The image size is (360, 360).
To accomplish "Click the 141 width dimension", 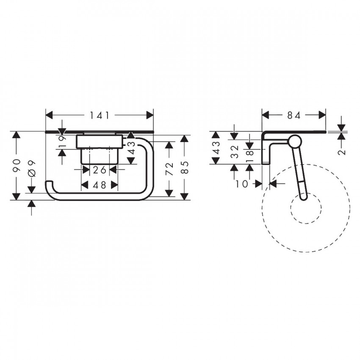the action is tap(100, 115).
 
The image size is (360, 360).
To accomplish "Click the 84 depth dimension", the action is tap(294, 115).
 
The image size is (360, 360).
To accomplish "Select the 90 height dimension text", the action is tap(17, 166).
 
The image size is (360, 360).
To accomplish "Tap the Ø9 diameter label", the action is tap(32, 169).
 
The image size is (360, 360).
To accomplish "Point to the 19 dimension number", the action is tap(62, 142).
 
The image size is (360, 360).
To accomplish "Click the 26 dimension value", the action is tap(100, 170).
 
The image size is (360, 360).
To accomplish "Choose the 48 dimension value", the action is tap(100, 185).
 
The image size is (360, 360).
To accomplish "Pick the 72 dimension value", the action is tap(169, 169).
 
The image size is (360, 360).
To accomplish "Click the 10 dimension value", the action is tap(242, 184).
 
